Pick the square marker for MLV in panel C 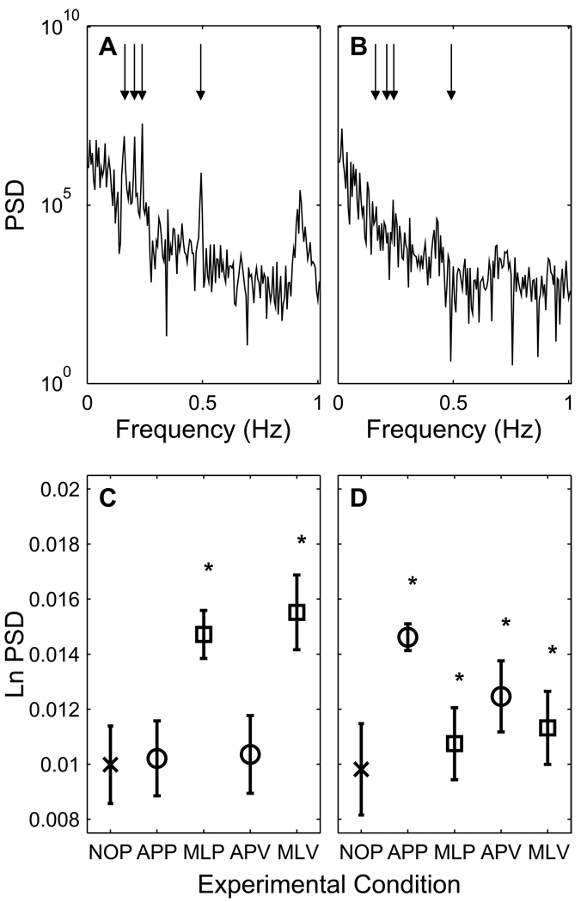(x=297, y=612)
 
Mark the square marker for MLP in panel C (x=204, y=634)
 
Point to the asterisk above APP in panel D (x=413, y=583)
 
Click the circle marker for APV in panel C (x=250, y=754)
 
